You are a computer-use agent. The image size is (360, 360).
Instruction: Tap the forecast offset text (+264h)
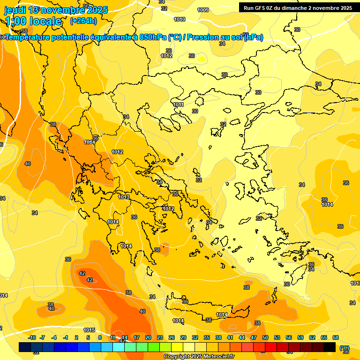(x=83, y=21)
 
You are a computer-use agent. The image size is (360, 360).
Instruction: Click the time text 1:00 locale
(x=33, y=21)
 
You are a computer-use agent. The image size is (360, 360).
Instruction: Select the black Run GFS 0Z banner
(x=298, y=8)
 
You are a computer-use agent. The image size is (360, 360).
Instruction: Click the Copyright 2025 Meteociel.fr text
(x=199, y=356)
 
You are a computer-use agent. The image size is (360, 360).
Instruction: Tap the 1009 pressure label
(x=203, y=10)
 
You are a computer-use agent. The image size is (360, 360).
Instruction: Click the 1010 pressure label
(x=179, y=19)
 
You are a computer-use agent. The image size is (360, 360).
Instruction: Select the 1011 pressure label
(x=178, y=105)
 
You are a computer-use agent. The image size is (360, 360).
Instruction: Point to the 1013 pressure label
(x=124, y=197)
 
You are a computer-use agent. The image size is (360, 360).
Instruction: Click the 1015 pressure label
(x=89, y=330)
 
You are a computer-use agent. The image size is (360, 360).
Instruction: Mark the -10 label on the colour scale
(x=32, y=337)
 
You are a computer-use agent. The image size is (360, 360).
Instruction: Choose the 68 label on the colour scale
(x=336, y=337)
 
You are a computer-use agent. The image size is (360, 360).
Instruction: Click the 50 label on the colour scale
(x=265, y=337)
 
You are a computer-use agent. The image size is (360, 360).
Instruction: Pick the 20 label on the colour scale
(x=148, y=337)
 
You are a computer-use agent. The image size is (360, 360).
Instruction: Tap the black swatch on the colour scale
(x=330, y=347)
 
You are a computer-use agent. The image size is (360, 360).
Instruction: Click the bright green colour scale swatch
(x=154, y=347)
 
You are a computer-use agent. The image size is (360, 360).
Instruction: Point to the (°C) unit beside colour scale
(x=345, y=347)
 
